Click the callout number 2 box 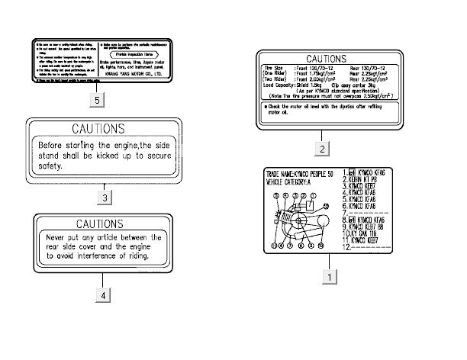323,148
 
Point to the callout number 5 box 94,99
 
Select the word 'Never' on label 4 57,237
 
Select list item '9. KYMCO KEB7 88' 371,226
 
